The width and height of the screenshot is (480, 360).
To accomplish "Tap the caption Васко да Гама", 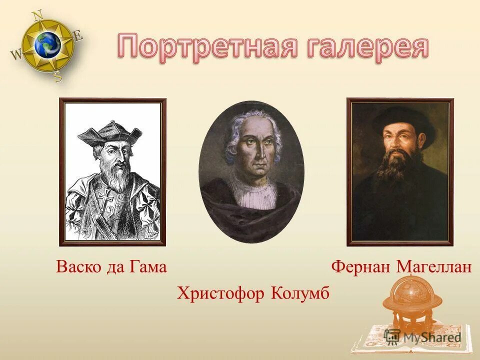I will pos(111,267).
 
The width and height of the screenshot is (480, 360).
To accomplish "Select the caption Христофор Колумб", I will pos(253,293).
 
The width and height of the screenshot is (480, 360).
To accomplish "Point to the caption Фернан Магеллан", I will pos(401,267).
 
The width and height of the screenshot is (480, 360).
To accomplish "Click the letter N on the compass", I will pos(37,15).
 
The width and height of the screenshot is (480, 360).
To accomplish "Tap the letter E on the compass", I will pos(78,36).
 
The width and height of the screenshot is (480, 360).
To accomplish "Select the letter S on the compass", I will pos(57,77).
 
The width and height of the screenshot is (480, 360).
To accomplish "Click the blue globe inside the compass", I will pos(47,45).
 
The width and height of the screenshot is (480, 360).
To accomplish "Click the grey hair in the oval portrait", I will pos(232,135).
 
